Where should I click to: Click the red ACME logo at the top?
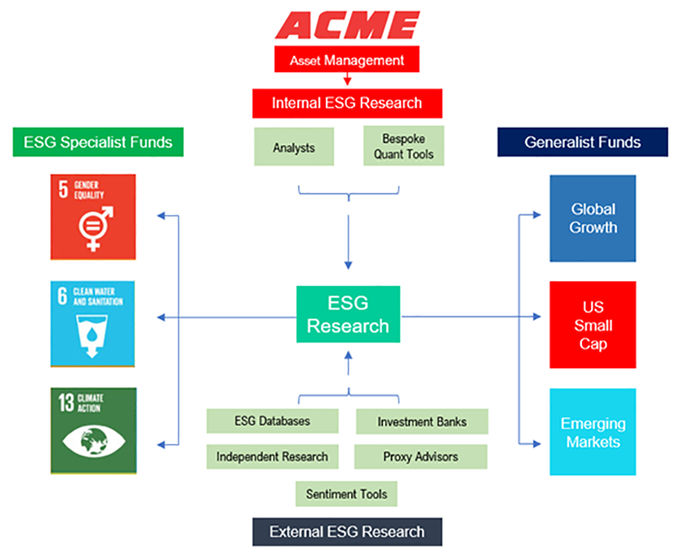tap(347, 26)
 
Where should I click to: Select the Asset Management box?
tap(347, 60)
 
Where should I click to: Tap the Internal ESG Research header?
tap(347, 103)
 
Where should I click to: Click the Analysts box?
tap(293, 148)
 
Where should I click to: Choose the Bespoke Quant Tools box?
tap(403, 147)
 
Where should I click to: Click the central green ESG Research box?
tap(348, 314)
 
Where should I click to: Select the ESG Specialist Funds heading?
tap(98, 142)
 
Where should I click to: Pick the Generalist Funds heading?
tap(582, 142)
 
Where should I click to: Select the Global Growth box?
tap(593, 218)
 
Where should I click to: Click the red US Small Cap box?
tap(593, 326)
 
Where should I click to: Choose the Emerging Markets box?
tap(593, 432)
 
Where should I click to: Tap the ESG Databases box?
tap(272, 422)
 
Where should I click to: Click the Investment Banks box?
tap(422, 422)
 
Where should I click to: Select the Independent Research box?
tap(272, 457)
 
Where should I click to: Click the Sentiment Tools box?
tap(346, 494)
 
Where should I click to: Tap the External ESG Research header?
tap(347, 532)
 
